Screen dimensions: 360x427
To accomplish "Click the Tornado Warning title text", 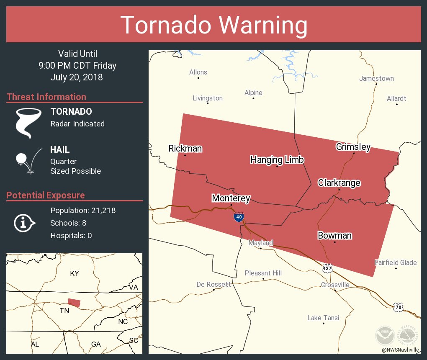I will pyautogui.click(x=213, y=25).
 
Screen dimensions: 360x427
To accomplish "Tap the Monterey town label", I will pyautogui.click(x=231, y=198).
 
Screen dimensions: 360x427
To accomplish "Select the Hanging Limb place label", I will pyautogui.click(x=277, y=159).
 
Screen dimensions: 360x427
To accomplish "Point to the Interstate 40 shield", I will pyautogui.click(x=238, y=217).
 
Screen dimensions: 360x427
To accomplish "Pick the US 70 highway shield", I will pyautogui.click(x=398, y=307).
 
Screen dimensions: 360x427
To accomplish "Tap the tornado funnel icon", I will pyautogui.click(x=28, y=123).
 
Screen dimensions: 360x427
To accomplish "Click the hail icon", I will pyautogui.click(x=28, y=160).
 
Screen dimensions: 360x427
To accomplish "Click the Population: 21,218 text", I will pyautogui.click(x=83, y=210).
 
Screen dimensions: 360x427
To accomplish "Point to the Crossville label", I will pyautogui.click(x=335, y=285).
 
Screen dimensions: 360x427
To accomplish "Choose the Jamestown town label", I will pyautogui.click(x=376, y=78).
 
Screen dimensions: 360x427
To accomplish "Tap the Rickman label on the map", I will pyautogui.click(x=185, y=148).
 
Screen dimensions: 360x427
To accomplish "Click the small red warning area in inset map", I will pyautogui.click(x=74, y=303).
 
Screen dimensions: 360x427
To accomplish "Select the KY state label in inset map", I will pyautogui.click(x=74, y=273).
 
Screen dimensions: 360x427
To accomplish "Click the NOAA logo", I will pyautogui.click(x=385, y=336).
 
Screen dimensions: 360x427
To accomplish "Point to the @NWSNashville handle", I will pyautogui.click(x=400, y=350).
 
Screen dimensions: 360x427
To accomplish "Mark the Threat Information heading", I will pyautogui.click(x=46, y=97).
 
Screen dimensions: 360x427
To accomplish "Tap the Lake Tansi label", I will pyautogui.click(x=323, y=318).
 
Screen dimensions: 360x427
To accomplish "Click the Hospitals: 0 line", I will pyautogui.click(x=71, y=235).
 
